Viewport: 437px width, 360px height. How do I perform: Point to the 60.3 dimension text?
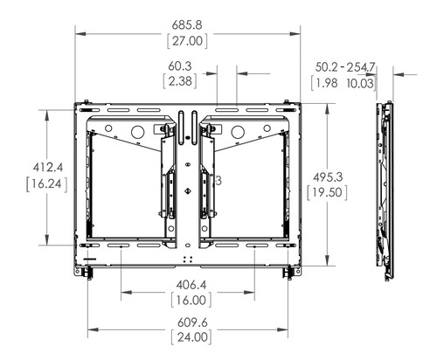(181, 65)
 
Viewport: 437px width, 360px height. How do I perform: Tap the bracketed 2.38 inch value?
(181, 81)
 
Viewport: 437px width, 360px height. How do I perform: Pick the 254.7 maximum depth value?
(360, 66)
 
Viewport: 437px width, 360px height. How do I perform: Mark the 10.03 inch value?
(361, 82)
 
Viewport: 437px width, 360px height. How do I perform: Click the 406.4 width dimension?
(188, 284)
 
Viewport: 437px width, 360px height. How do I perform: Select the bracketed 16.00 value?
(188, 301)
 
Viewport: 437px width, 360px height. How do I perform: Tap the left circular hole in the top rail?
(136, 133)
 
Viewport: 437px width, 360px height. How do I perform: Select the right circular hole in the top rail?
(238, 133)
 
